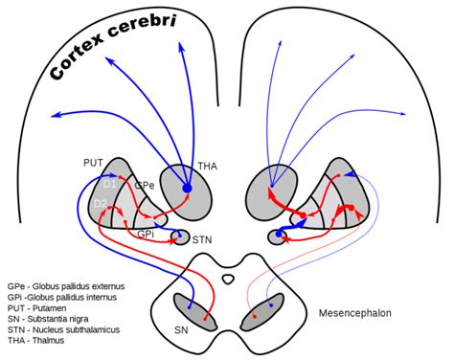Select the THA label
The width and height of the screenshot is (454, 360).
[208, 165]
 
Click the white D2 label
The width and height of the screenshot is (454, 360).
[100, 204]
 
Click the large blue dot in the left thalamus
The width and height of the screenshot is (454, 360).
[187, 190]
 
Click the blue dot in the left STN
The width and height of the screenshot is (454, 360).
[174, 233]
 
